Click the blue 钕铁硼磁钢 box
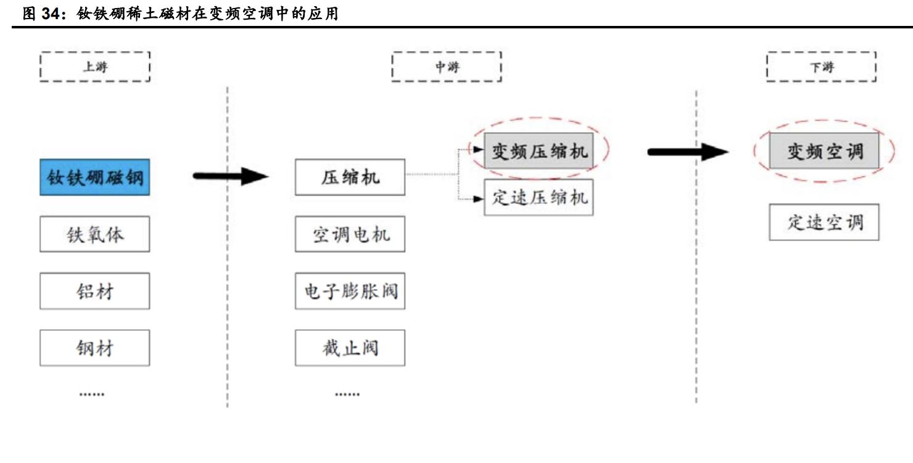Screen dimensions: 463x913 click(94, 177)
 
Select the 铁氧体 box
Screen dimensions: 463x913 click(94, 234)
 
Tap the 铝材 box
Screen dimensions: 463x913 click(94, 291)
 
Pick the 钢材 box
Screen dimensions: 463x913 click(94, 348)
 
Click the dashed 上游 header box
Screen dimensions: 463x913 click(94, 67)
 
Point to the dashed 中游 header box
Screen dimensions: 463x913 click(447, 67)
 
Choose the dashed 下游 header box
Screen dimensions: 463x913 click(821, 67)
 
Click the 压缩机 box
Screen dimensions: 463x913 click(350, 177)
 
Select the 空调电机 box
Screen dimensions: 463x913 click(350, 234)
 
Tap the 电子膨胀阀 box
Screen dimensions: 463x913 click(350, 291)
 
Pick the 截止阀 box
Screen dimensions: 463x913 click(350, 348)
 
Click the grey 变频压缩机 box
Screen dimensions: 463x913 click(539, 151)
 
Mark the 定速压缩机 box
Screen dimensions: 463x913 click(539, 198)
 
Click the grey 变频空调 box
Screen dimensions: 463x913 click(824, 151)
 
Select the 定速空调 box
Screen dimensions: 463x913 click(824, 222)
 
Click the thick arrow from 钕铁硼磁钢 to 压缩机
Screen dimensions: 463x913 click(231, 177)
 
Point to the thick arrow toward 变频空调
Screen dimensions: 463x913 click(688, 151)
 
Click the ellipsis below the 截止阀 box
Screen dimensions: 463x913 click(347, 393)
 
